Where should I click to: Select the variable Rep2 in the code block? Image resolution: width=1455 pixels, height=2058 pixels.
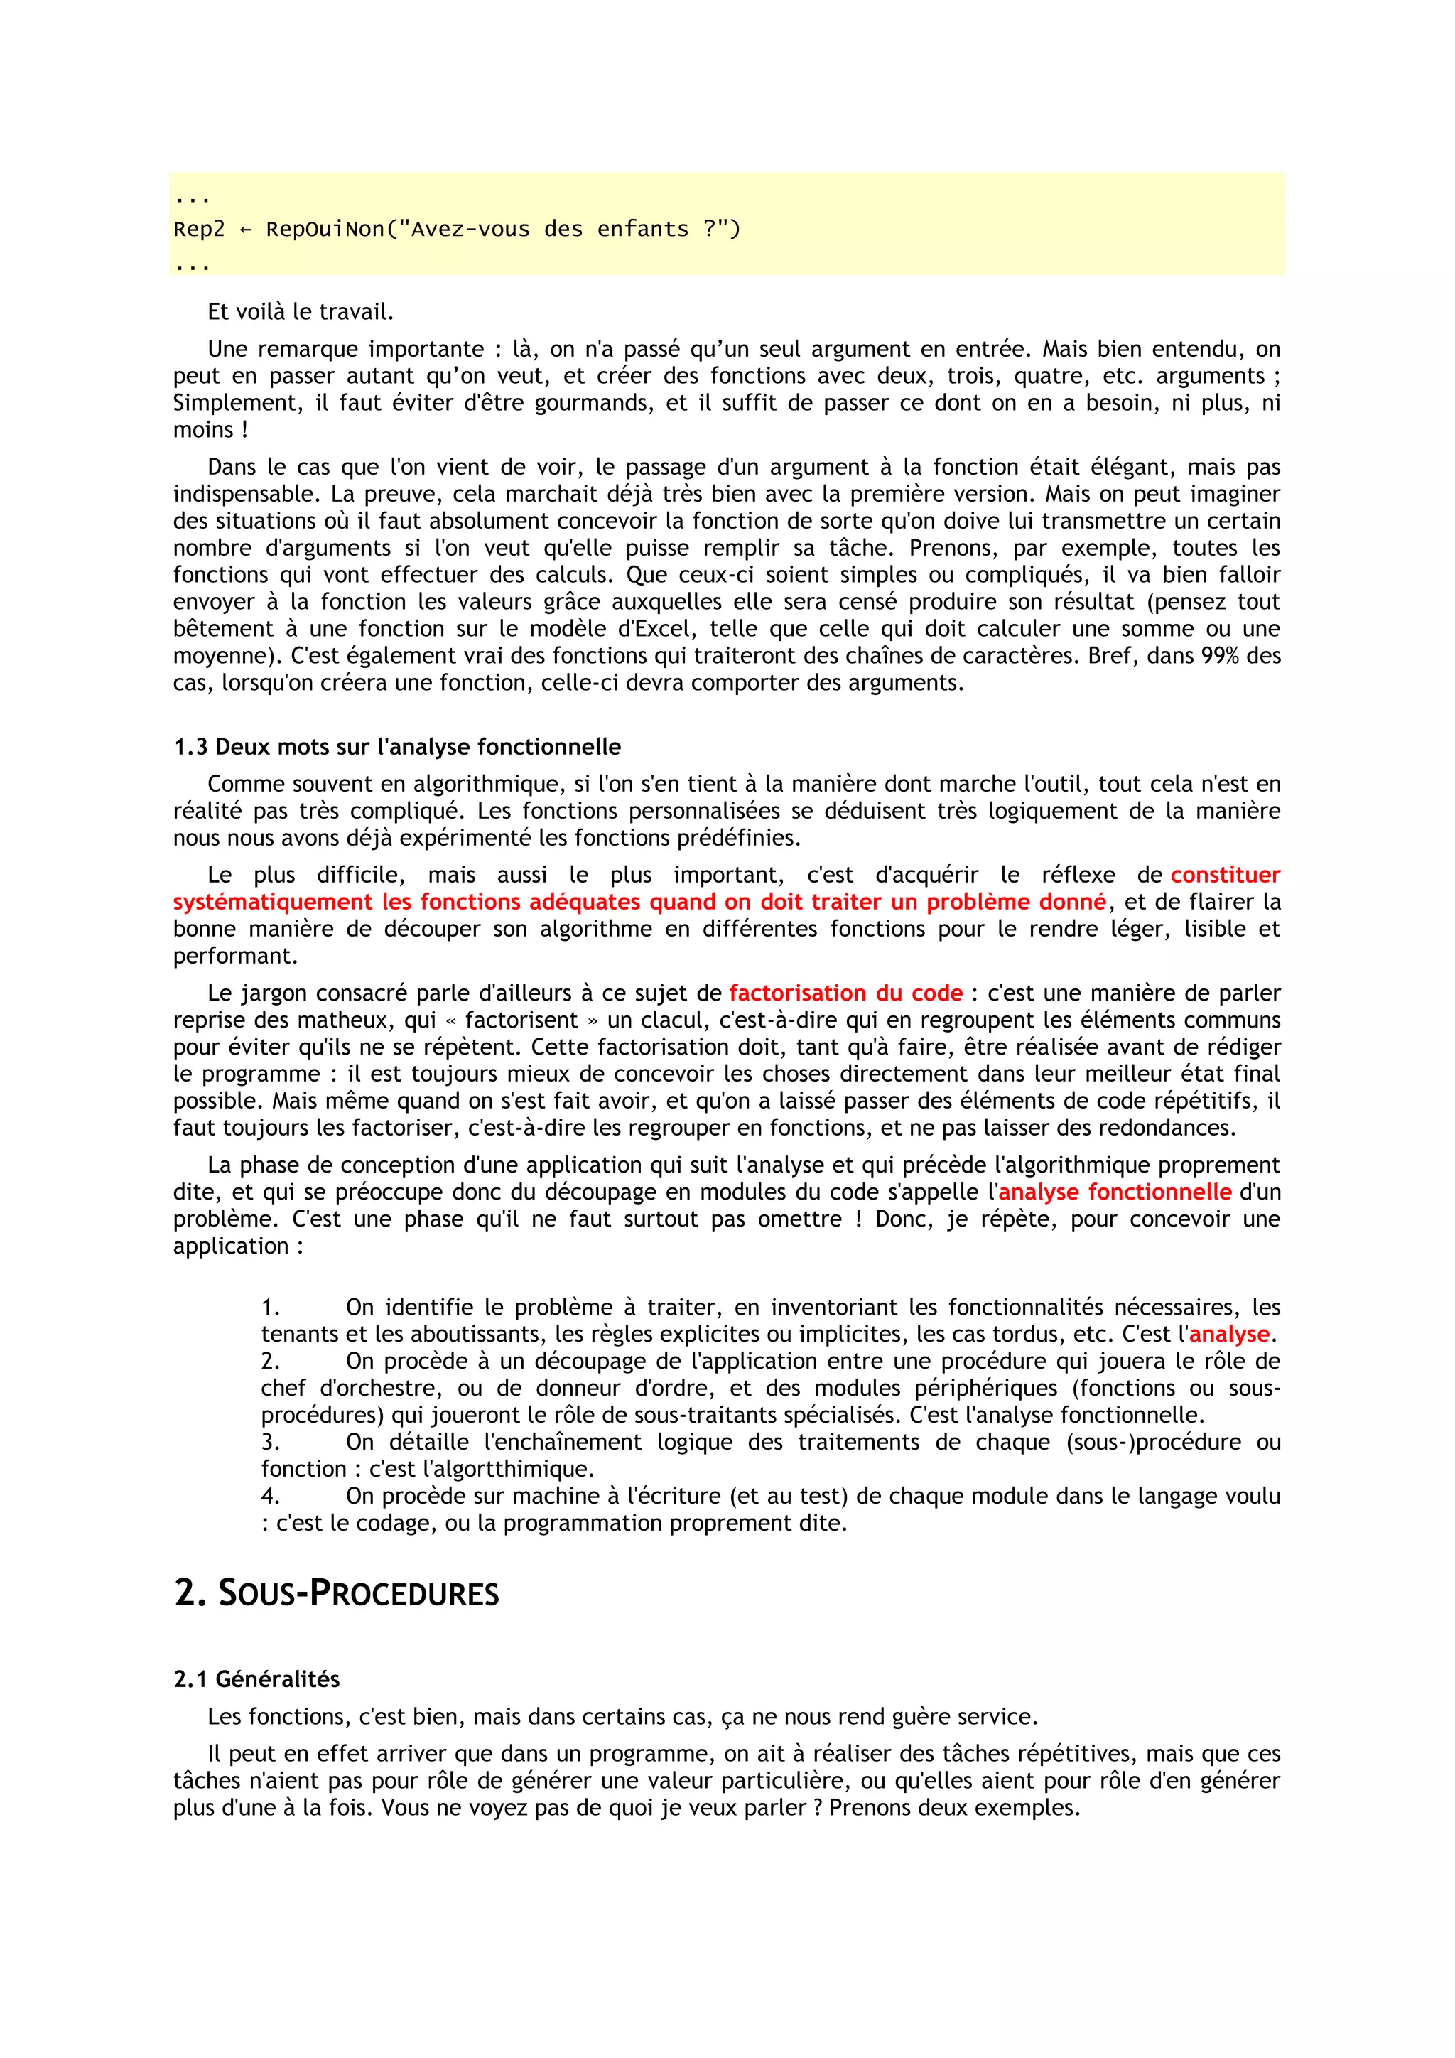coord(199,230)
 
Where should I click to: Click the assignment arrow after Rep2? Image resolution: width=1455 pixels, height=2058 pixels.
coord(244,230)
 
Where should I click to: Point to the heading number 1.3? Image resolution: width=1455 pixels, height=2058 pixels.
coord(190,747)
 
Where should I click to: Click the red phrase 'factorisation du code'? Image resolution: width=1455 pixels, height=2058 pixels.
coord(845,993)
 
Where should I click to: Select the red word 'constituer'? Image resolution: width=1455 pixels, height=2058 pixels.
coord(1225,875)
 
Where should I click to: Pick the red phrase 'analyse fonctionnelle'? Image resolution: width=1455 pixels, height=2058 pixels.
coord(1115,1192)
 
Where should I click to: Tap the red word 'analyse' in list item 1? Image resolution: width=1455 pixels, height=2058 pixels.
coord(1228,1334)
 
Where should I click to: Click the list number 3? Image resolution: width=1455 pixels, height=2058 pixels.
coord(271,1442)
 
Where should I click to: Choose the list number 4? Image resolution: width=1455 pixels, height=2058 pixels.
coord(271,1496)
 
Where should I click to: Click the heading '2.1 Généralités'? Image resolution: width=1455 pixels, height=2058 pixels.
coord(256,1679)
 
